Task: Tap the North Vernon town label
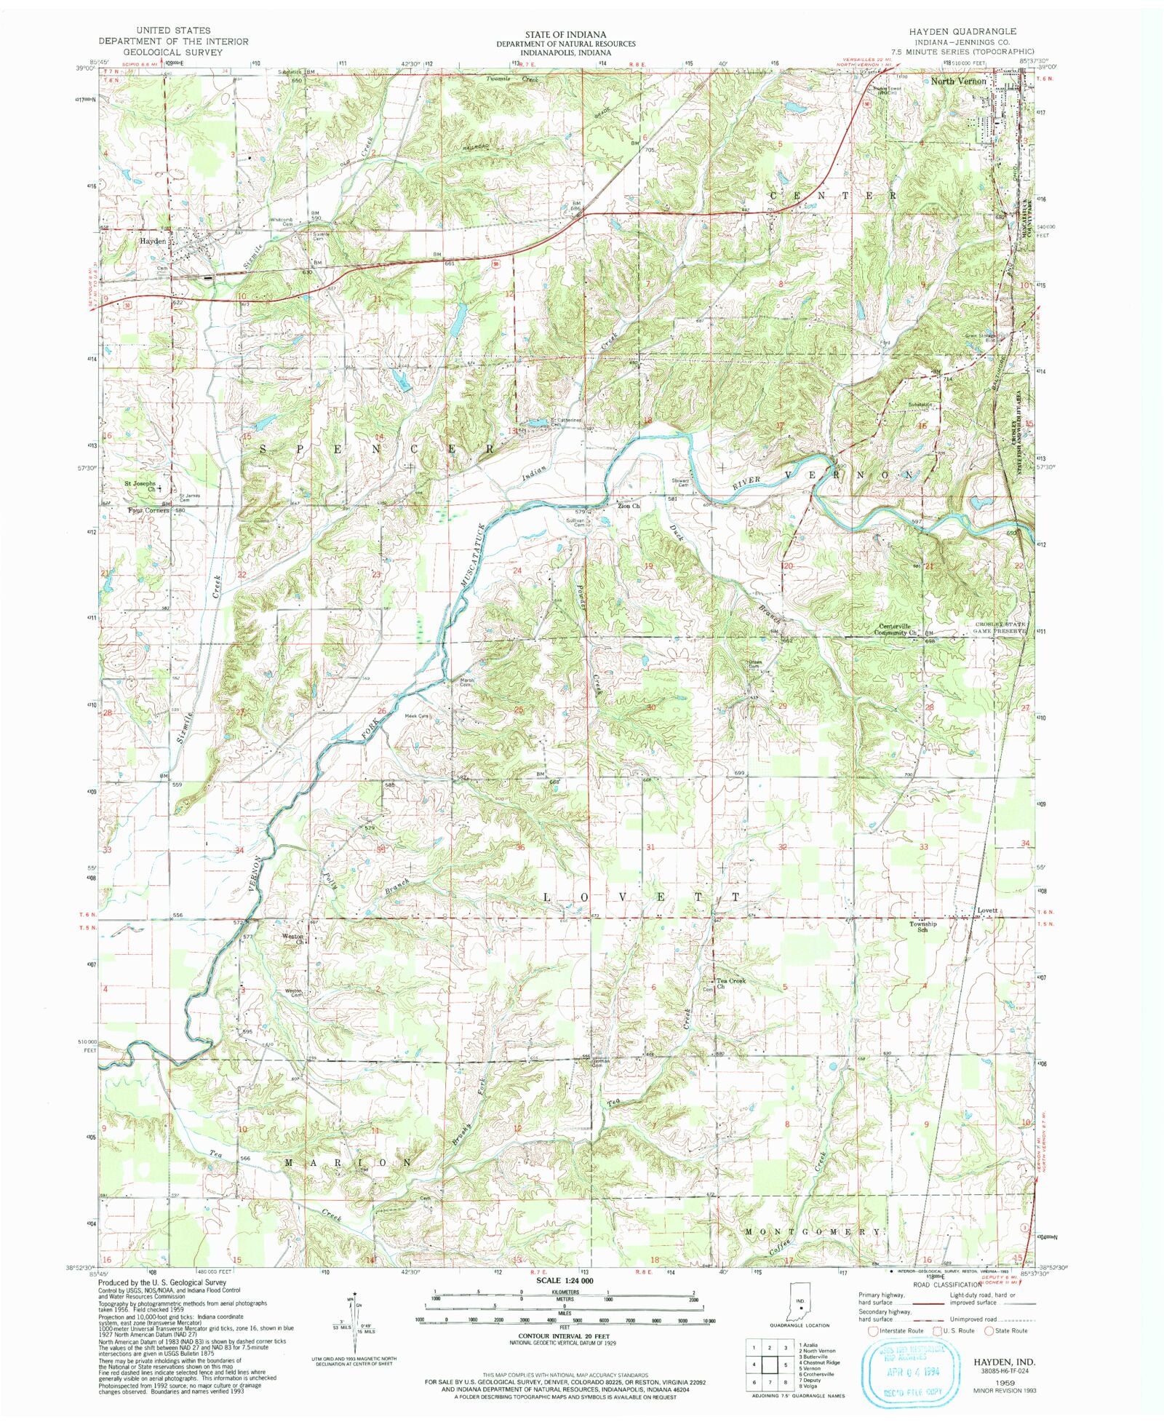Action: [x=959, y=82]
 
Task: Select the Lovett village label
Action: [x=989, y=911]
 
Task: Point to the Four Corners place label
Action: [x=148, y=511]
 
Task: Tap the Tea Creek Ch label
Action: [x=730, y=983]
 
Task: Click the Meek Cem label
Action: [x=417, y=716]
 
